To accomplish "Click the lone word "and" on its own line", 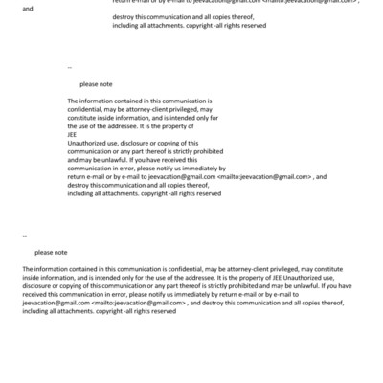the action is tap(26, 9).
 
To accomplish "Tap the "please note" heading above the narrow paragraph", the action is tap(96, 84).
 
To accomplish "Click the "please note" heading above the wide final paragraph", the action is tap(51, 252).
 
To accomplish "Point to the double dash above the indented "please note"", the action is tap(70, 67).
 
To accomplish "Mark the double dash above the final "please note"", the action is tap(24, 235).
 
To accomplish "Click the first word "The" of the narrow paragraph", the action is tap(74, 101).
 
